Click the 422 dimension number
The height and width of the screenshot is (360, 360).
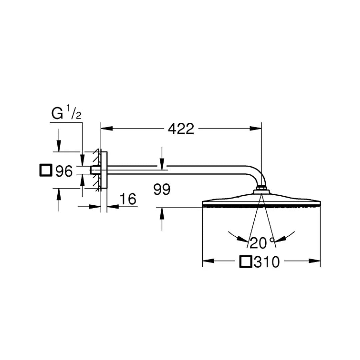click(181, 129)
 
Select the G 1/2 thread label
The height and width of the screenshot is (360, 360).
click(66, 114)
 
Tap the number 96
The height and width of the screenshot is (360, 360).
click(64, 171)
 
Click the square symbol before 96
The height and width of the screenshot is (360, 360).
click(45, 170)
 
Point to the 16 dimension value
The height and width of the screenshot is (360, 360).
click(128, 199)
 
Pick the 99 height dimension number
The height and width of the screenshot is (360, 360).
click(162, 190)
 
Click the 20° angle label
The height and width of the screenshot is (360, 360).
click(261, 243)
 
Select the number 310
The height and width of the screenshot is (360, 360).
click(266, 262)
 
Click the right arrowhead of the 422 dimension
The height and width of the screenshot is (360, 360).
click(256, 128)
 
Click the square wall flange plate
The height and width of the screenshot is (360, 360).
click(104, 170)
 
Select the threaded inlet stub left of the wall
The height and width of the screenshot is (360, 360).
click(95, 170)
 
